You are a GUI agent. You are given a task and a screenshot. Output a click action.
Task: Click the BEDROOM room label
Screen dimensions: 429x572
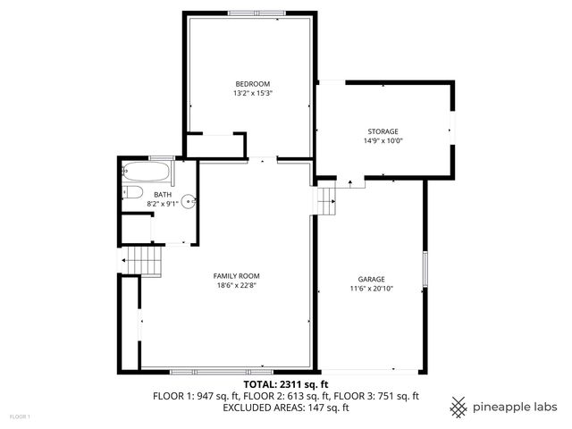(x=252, y=83)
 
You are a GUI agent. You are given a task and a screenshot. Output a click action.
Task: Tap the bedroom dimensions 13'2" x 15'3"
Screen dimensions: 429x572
(x=252, y=93)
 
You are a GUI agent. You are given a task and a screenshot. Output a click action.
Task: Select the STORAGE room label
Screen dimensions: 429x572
(x=383, y=131)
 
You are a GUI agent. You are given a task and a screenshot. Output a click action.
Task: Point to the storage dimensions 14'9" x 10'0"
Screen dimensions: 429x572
(x=383, y=141)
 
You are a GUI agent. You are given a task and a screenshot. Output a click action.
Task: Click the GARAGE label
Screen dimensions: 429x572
(x=371, y=279)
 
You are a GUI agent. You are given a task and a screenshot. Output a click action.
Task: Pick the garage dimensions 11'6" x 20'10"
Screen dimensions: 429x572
(x=371, y=289)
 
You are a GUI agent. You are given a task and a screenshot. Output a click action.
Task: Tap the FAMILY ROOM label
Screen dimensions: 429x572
(x=237, y=275)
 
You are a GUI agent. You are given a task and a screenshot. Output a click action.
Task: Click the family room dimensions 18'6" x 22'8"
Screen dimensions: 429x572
(x=237, y=286)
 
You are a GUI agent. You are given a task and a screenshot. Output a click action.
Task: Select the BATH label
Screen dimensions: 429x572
(x=163, y=194)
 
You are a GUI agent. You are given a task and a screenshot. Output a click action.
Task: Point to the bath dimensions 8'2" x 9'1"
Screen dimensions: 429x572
(x=163, y=204)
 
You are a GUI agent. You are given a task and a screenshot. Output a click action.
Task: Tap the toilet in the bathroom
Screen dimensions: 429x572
(x=132, y=192)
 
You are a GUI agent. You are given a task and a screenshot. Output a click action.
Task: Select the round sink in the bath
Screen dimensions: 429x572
(x=189, y=201)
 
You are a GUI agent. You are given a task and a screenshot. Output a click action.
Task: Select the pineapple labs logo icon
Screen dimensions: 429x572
(x=458, y=406)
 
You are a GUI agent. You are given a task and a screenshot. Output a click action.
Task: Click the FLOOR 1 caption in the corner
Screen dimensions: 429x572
(x=20, y=416)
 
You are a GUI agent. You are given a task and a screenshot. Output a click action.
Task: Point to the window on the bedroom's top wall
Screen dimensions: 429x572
(x=252, y=13)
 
